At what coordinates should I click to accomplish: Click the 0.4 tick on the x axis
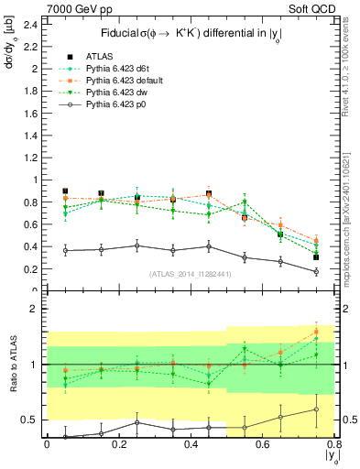[x=191, y=445]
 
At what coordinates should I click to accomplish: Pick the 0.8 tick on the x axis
[x=336, y=445]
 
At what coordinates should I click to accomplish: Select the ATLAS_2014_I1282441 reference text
[x=191, y=274]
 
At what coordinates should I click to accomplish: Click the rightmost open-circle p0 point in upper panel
[x=316, y=271]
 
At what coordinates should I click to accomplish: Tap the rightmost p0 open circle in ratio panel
[x=316, y=409]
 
